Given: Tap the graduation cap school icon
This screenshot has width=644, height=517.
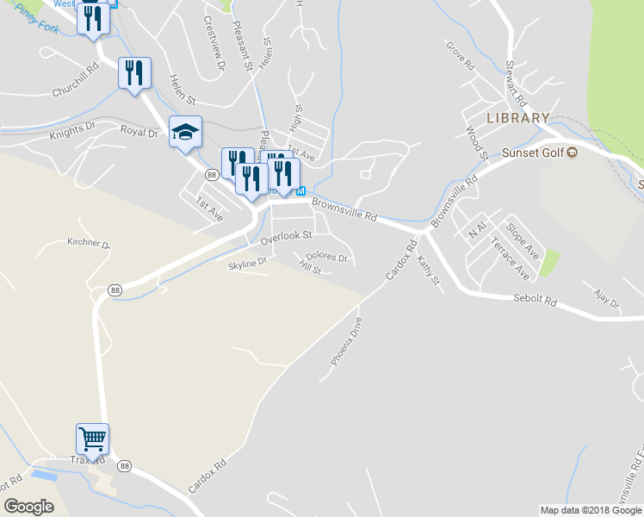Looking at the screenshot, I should (185, 132).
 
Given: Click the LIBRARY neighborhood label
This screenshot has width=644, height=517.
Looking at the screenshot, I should (517, 117).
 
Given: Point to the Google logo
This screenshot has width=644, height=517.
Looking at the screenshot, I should (29, 507).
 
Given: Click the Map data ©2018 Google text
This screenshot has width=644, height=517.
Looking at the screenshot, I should (591, 510).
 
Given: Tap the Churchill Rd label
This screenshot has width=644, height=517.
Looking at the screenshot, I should (81, 83).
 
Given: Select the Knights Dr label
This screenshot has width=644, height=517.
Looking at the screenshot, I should (72, 131).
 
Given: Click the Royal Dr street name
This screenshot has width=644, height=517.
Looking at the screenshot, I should (139, 132).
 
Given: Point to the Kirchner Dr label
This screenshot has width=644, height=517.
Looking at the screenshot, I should (89, 244).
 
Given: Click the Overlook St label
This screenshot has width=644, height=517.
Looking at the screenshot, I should (286, 234).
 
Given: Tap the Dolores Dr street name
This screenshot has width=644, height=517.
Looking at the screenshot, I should (326, 257).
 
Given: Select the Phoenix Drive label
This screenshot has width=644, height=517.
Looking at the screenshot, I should (347, 339).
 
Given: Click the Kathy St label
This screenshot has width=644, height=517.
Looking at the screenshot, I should (428, 271).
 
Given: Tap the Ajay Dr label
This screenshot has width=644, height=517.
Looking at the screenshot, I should (606, 299).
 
